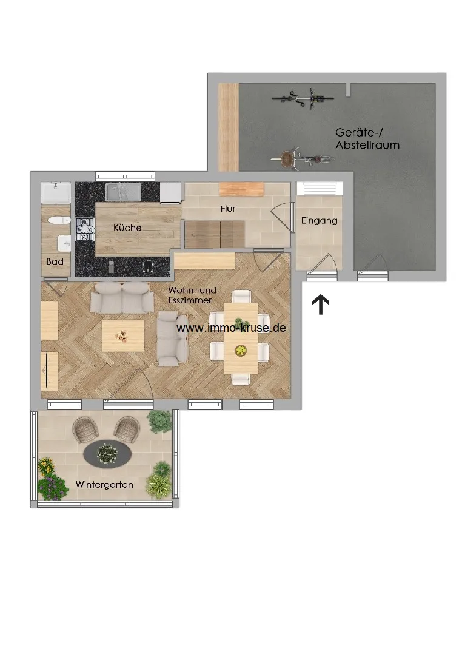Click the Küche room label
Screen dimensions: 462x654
(x=127, y=228)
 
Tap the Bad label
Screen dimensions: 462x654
(x=55, y=261)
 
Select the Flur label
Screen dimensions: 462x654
(x=228, y=209)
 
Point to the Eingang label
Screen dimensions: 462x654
(x=319, y=221)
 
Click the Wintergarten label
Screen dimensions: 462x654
(x=104, y=485)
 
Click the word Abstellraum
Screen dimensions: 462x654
(x=367, y=145)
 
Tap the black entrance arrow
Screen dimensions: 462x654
(x=321, y=304)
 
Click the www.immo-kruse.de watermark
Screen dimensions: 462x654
(x=231, y=328)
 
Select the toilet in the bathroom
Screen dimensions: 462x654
(x=55, y=220)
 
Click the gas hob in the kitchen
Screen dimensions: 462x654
(x=85, y=229)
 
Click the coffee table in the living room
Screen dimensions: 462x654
(x=123, y=336)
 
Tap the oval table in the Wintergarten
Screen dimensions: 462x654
(x=108, y=453)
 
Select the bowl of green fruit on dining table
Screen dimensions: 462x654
(x=241, y=351)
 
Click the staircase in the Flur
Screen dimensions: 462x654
(x=215, y=234)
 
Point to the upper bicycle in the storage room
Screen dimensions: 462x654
(x=303, y=99)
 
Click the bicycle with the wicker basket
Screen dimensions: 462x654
(x=303, y=158)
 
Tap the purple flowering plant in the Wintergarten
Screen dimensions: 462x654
(x=53, y=487)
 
